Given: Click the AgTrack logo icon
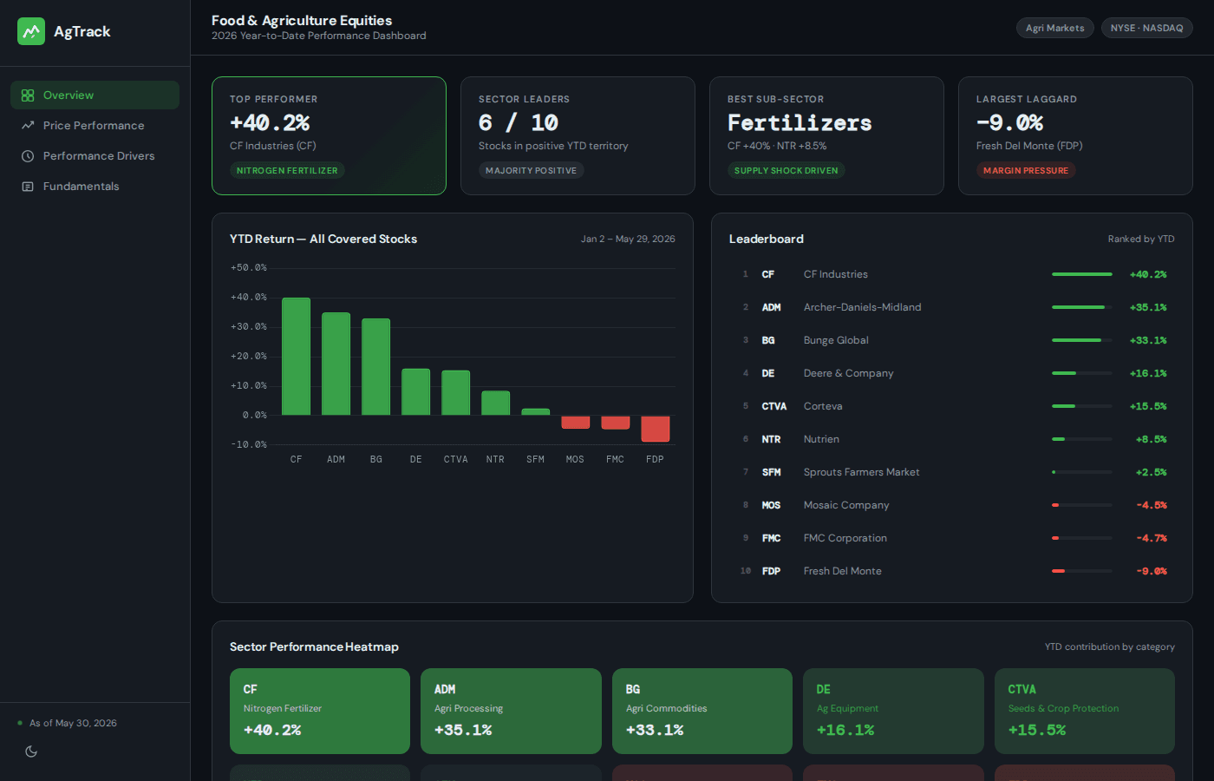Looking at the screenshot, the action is click(x=31, y=31).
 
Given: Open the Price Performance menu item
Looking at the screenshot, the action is click(x=94, y=125).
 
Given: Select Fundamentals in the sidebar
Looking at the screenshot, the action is click(x=81, y=186).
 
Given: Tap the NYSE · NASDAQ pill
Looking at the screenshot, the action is click(x=1146, y=28).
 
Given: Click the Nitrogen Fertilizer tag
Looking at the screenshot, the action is click(x=287, y=170).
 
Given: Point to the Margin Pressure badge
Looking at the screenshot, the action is click(x=1025, y=170).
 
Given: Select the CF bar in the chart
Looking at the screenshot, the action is click(x=296, y=357).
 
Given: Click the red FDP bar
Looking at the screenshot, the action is click(x=655, y=429).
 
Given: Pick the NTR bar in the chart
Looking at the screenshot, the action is click(x=495, y=403).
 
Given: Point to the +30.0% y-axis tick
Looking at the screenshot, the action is click(x=249, y=326).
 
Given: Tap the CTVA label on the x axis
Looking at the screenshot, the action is click(x=455, y=459).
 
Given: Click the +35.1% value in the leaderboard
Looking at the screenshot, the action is click(x=1148, y=307).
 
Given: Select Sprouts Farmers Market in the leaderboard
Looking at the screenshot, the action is click(x=861, y=472).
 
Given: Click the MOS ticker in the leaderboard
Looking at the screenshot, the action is click(x=771, y=505).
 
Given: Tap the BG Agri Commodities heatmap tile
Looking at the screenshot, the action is click(x=702, y=711).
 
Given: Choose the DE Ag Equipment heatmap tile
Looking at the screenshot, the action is click(x=893, y=711).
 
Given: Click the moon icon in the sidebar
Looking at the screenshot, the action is click(x=31, y=751).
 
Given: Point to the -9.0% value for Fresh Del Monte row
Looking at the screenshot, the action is click(x=1152, y=571).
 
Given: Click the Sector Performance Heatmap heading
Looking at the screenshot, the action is click(x=314, y=646).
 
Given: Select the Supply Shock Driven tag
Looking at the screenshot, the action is click(x=786, y=170).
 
